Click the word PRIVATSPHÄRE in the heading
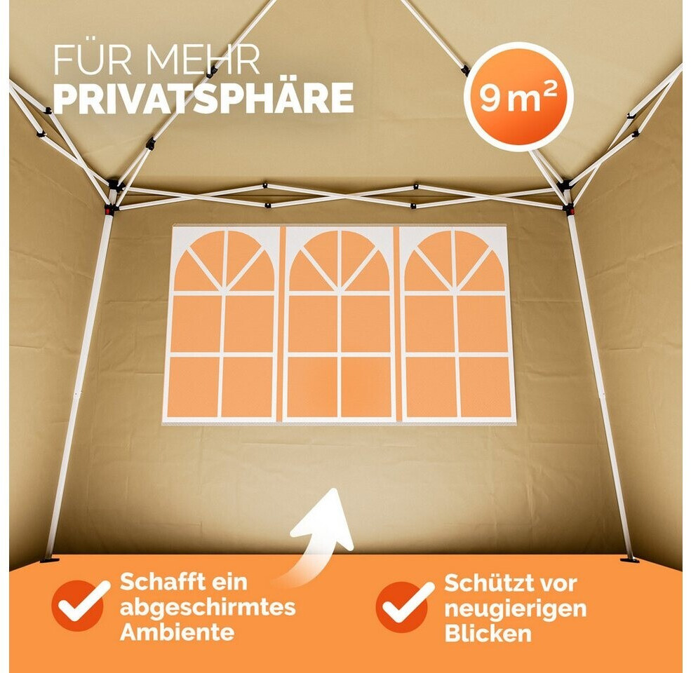[x=203, y=97]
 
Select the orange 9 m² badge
[x=518, y=97]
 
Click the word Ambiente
[x=177, y=632]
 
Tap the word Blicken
[x=488, y=633]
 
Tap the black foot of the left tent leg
[x=49, y=560]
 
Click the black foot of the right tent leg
[x=629, y=560]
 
